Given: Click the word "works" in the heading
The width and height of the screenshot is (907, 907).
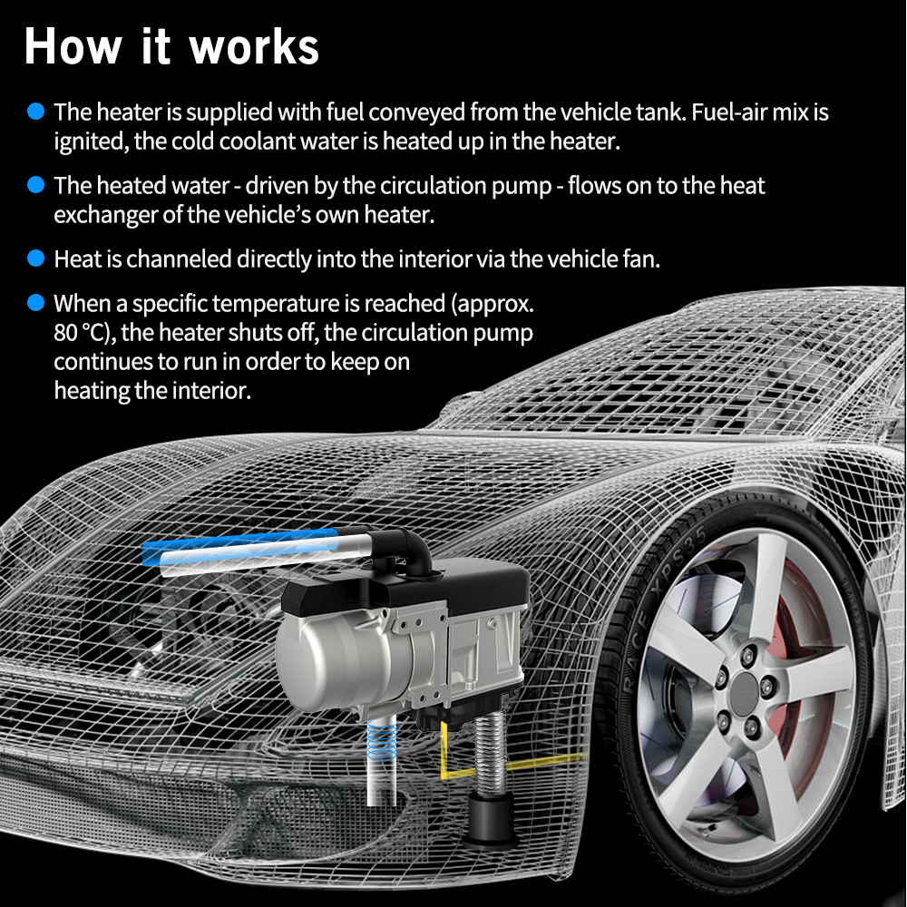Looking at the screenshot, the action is (x=254, y=47).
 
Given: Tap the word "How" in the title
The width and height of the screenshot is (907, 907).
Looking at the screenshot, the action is (x=73, y=46).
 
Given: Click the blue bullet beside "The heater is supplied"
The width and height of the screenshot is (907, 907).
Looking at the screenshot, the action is (x=36, y=111).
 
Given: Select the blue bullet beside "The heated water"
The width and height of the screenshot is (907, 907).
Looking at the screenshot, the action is (x=36, y=184).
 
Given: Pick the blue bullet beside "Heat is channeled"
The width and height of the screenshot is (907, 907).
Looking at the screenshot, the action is (x=36, y=258).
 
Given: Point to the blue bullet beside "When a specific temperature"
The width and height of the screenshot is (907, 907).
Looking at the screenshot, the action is (x=36, y=303).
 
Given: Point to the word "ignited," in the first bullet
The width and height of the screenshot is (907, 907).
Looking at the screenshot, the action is (x=92, y=142).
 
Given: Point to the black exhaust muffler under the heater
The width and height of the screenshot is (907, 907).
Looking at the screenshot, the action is (x=493, y=815).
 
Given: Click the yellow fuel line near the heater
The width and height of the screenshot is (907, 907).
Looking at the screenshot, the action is (x=509, y=764).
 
